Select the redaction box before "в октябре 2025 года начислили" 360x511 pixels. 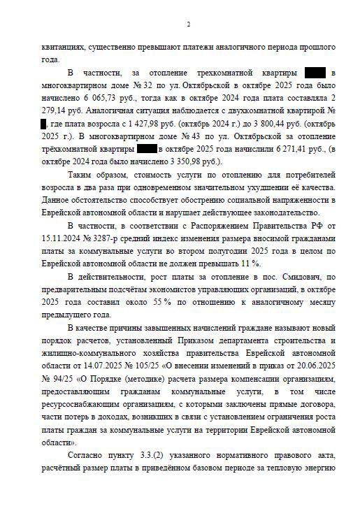(147, 149)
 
